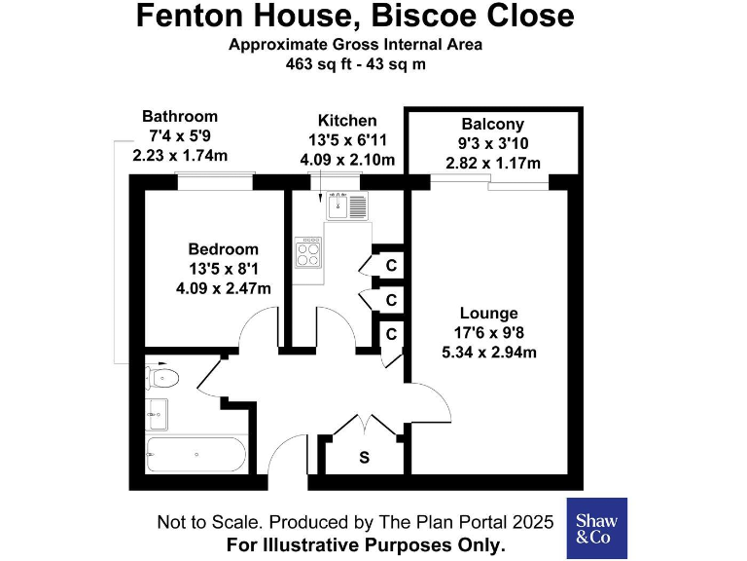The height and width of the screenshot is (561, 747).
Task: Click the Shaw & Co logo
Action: point(596,528)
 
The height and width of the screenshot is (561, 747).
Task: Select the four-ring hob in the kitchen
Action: point(310,252)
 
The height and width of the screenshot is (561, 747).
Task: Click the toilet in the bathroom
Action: point(161,378)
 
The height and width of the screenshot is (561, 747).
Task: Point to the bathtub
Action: point(196,454)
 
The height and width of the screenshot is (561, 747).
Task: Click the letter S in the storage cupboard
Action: point(364,457)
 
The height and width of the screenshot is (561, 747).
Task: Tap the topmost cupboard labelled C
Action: point(391,265)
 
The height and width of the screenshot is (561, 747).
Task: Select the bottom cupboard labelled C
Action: point(391,334)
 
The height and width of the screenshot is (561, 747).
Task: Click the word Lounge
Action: point(488,314)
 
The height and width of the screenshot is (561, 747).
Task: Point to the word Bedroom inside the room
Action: point(224,249)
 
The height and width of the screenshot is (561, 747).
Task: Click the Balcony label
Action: point(492,125)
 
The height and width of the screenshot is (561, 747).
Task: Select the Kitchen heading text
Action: point(347,121)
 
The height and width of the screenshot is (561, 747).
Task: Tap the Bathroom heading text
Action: point(180,117)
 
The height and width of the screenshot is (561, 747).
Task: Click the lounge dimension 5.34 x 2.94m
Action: point(488,353)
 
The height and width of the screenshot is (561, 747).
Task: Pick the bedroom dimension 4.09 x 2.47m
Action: point(224,287)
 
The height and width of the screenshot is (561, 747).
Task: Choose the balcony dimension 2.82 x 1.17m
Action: point(492,163)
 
